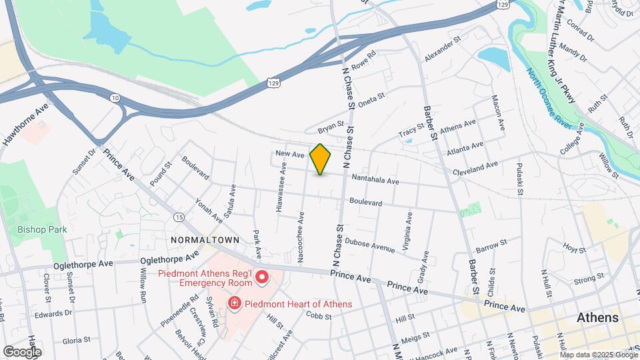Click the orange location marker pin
tap(321, 159)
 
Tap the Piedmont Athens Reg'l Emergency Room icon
tap(262, 276)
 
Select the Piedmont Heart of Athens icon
tap(235, 304)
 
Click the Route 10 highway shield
tap(115, 98)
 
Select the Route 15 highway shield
tap(179, 217)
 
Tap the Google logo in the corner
tap(22, 351)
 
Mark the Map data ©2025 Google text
tap(598, 355)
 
